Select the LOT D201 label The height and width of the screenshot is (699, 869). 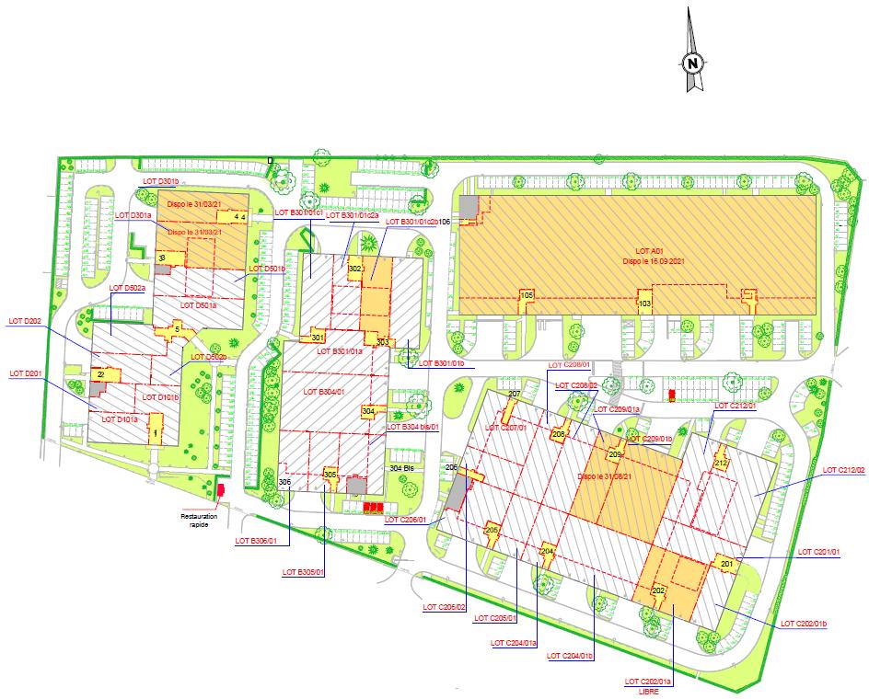(27, 373)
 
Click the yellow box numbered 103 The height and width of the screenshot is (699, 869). (645, 303)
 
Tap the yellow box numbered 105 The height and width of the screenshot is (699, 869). (527, 296)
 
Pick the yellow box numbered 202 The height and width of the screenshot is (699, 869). (658, 590)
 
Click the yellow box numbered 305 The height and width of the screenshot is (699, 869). (330, 476)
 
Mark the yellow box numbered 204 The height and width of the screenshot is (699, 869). (547, 551)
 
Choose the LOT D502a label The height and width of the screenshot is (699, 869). (128, 288)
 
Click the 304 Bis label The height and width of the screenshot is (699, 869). (401, 467)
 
